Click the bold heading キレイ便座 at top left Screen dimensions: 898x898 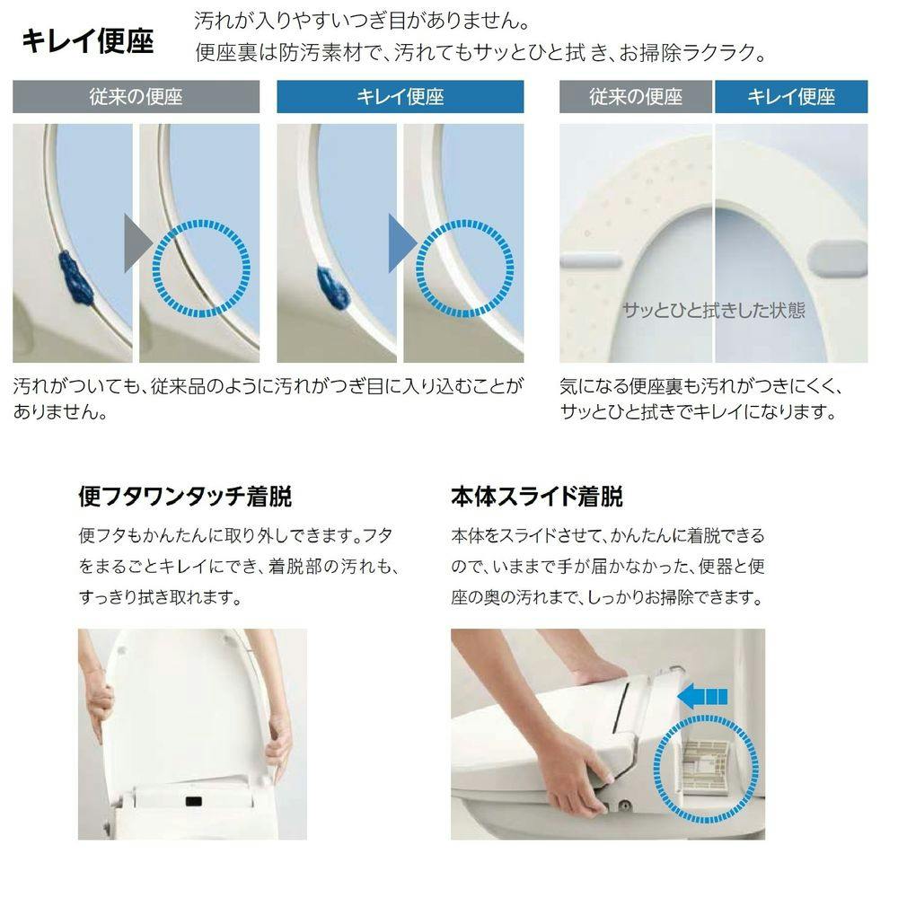pos(88,41)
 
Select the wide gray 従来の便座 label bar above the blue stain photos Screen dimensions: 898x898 pos(136,96)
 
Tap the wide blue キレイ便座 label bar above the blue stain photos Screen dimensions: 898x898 pos(401,96)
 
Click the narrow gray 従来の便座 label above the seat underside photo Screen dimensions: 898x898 pos(636,96)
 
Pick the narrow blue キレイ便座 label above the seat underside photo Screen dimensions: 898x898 pos(791,96)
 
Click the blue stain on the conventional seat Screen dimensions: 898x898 pos(75,278)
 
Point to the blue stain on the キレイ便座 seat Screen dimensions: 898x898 pos(333,287)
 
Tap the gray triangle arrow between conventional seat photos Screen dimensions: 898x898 pos(137,243)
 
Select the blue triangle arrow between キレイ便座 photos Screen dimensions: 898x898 pos(402,243)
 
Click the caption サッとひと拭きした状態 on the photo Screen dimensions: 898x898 pos(714,310)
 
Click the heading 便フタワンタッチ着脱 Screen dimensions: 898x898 pos(185,497)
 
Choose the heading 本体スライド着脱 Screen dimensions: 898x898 pos(537,497)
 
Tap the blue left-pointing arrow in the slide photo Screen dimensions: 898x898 pos(702,697)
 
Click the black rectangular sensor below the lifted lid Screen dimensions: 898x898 pos(194,801)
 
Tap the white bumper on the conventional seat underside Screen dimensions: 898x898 pos(591,261)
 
